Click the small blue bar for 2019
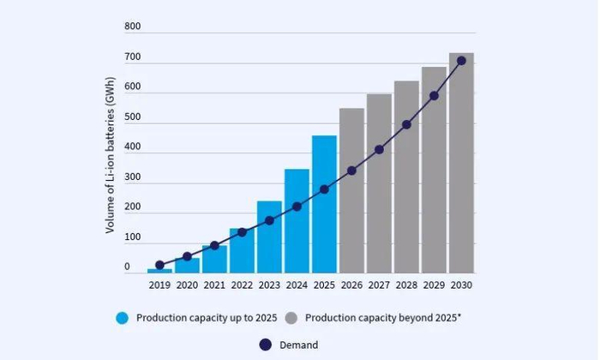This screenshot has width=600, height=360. point(159,270)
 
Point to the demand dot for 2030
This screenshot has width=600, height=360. point(461,61)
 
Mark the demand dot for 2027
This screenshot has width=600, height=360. point(379,149)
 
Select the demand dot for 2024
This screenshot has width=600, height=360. point(297,207)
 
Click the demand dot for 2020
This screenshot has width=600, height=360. point(187,256)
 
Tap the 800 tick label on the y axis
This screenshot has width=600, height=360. point(132,27)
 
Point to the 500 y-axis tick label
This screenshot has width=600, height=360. point(132,117)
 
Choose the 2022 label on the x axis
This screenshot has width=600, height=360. point(242,285)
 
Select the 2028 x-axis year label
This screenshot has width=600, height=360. point(406,285)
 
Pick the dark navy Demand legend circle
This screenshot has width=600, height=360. point(265,345)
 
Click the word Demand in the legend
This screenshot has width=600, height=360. point(299,345)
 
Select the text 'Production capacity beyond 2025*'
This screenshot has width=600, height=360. point(383,318)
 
